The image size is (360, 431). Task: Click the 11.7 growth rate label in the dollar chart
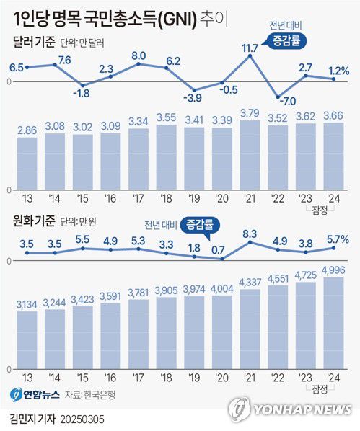pos(250,48)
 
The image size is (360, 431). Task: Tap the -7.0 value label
pos(289,102)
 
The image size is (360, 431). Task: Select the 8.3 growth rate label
pos(250,234)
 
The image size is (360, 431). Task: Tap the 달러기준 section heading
pos(33,43)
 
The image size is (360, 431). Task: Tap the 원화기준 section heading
pos(33,220)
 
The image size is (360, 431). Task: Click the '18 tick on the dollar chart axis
pos(166,196)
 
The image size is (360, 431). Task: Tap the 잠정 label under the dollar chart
pos(320,208)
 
